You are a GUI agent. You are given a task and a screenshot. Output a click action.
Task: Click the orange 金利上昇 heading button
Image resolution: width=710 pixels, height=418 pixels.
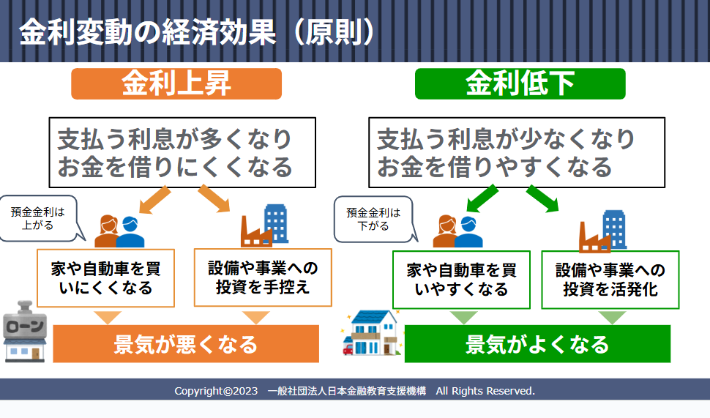click(176, 83)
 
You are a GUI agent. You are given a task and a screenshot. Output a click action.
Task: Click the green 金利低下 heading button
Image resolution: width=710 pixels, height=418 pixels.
click(520, 83)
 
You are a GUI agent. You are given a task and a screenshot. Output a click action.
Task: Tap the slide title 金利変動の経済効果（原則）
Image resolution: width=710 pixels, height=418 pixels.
click(197, 32)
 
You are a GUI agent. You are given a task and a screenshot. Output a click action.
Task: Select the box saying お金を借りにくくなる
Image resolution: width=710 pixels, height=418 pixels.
click(182, 152)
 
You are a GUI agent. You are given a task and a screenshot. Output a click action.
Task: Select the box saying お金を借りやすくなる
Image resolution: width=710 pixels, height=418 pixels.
click(517, 152)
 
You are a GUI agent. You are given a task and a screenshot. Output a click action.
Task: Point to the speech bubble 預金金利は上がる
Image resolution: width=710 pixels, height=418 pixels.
click(39, 218)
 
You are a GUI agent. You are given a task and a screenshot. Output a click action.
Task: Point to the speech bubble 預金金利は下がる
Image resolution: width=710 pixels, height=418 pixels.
click(373, 219)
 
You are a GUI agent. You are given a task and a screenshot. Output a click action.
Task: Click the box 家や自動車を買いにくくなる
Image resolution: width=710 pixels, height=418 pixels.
click(105, 278)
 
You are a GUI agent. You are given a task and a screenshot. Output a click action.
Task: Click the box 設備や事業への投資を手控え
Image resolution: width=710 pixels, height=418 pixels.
click(263, 277)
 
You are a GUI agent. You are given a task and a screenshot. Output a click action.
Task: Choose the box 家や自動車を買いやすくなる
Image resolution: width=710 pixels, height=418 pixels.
click(461, 280)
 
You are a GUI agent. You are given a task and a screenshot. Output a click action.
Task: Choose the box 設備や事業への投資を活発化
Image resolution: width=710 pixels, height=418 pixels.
click(610, 280)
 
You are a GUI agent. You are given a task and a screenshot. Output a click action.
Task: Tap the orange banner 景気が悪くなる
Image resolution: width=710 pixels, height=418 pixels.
click(186, 344)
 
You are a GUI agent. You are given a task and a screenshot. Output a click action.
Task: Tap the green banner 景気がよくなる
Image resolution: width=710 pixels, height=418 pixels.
click(537, 344)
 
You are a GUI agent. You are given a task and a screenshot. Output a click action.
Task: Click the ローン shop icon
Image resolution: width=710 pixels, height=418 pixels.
click(25, 331)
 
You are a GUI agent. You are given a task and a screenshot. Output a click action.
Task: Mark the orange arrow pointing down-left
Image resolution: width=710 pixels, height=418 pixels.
click(154, 199)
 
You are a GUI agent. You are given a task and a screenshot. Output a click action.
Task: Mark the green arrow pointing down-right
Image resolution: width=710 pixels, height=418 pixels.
click(542, 198)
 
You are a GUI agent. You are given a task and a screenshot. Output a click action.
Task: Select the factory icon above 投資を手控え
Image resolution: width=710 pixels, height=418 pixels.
click(264, 225)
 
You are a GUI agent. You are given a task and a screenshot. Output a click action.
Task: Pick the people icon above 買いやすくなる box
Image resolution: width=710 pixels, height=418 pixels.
click(457, 231)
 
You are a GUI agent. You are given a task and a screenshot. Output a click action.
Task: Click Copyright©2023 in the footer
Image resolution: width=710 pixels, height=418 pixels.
click(216, 391)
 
